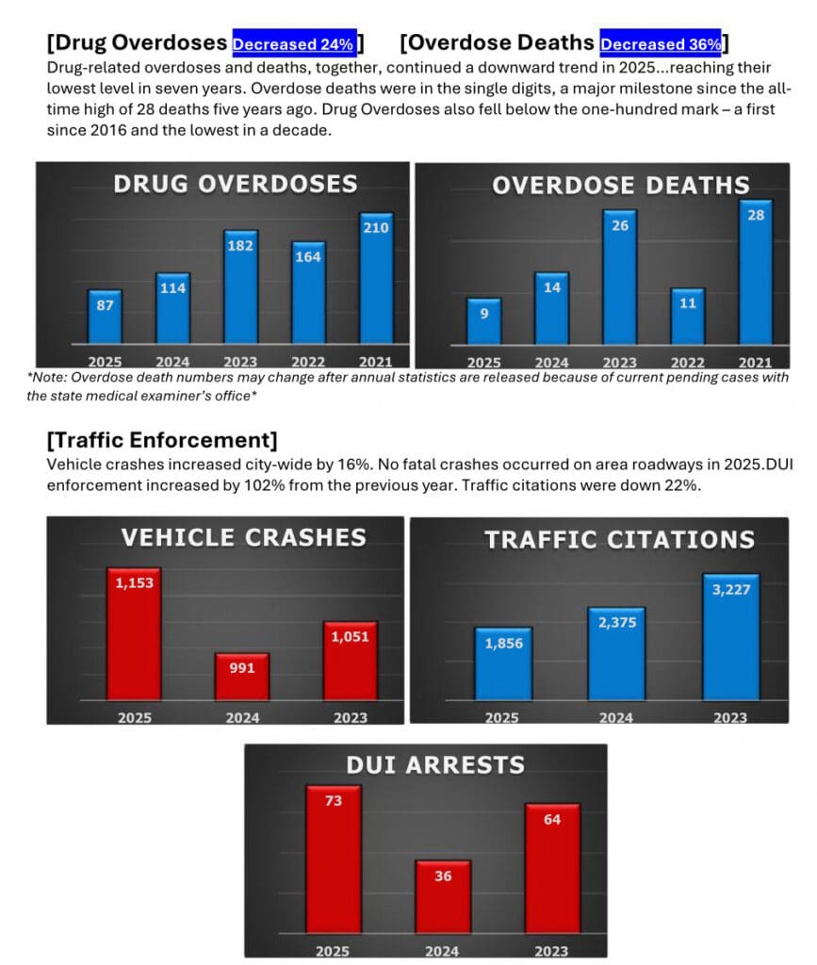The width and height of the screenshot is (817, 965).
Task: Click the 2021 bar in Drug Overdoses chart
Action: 376,278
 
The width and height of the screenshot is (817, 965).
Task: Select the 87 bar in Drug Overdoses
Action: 105,317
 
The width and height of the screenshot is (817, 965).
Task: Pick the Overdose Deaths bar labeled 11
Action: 688,316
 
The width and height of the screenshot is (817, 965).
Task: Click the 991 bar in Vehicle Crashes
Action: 242,677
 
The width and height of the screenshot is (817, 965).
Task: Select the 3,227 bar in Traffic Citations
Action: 731,637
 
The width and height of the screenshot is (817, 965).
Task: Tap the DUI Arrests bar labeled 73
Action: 333,857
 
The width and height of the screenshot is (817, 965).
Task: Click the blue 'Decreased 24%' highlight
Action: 294,43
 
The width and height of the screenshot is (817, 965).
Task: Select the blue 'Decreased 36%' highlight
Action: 662,43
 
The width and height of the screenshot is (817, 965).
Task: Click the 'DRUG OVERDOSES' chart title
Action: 236,183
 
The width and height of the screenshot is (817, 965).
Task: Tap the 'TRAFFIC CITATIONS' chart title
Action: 619,539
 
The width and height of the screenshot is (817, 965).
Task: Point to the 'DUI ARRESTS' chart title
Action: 435,764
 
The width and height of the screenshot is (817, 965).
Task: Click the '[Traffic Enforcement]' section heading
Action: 161,439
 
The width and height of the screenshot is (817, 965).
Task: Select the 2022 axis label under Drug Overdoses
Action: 307,362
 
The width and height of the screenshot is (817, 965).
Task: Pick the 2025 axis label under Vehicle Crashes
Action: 135,717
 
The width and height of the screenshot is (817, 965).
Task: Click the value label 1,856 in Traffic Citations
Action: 504,643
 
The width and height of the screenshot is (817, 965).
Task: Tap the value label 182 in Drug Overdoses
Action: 240,245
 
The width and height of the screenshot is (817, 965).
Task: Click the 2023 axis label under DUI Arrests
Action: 551,950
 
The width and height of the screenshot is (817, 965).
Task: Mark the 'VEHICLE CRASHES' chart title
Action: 243,537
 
